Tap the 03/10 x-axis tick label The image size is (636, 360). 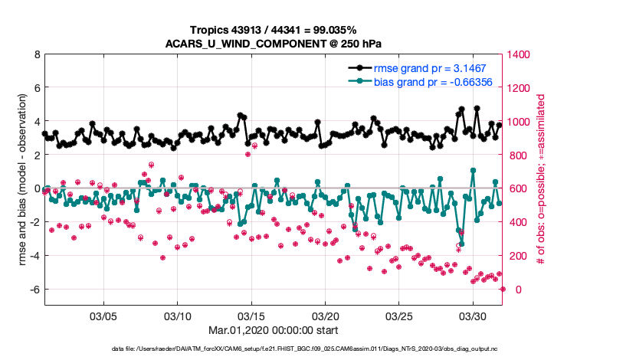coord(178,316)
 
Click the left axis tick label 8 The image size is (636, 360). coord(36,55)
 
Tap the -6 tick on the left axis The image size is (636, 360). coord(34,290)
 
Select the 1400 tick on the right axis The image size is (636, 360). coord(521,55)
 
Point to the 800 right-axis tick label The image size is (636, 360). coord(518,155)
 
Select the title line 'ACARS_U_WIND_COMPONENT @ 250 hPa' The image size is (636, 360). coord(273,43)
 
